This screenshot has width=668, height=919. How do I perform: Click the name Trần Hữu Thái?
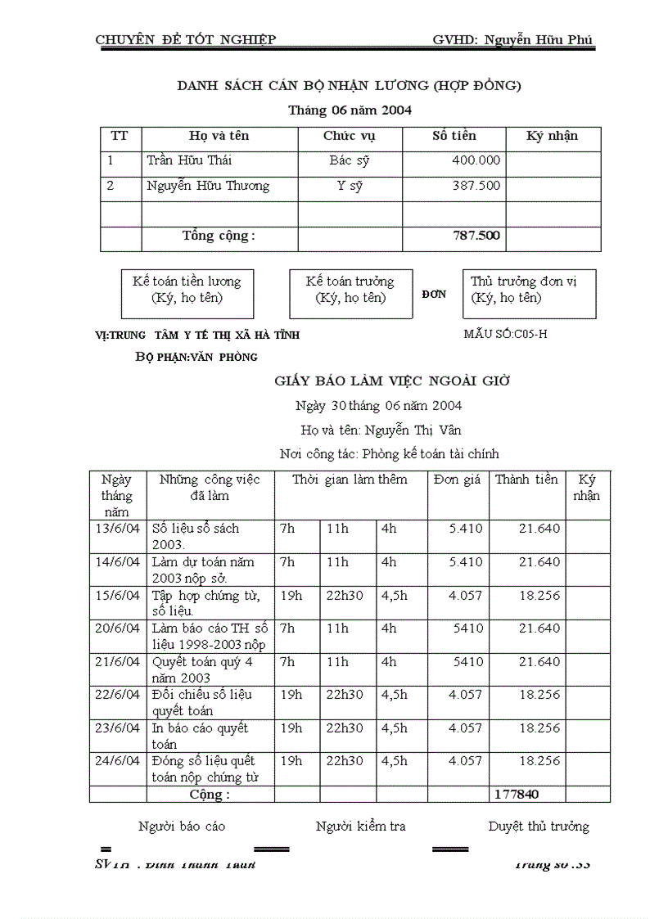[x=190, y=160]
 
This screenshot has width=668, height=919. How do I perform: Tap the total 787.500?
[x=476, y=236]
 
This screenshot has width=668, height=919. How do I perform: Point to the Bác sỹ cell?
[x=350, y=160]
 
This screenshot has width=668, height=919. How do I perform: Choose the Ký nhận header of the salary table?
[x=553, y=136]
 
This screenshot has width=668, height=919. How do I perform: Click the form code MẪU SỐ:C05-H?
[x=505, y=334]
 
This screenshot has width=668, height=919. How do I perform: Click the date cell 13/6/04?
[x=118, y=529]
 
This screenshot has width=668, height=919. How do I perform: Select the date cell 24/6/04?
[x=118, y=761]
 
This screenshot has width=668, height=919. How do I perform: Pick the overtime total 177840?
[x=517, y=795]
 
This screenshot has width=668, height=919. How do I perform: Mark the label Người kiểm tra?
[x=360, y=827]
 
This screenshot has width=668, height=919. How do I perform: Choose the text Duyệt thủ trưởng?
[x=538, y=827]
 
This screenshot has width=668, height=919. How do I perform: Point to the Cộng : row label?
[x=210, y=795]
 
